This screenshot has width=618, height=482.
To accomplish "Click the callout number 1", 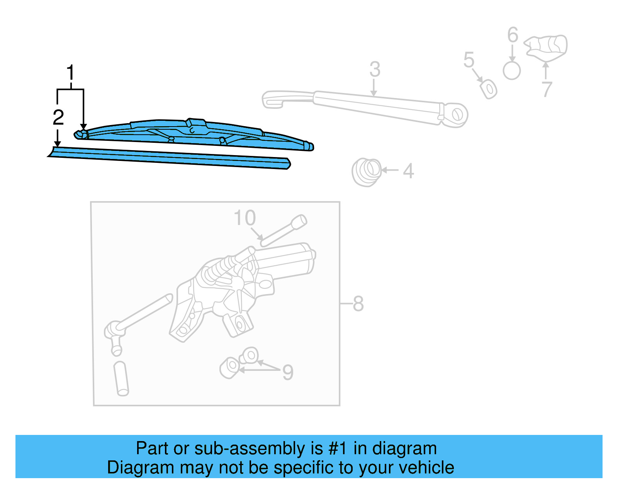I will pos(70,73).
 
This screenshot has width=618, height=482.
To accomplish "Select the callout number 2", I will pos(58,117).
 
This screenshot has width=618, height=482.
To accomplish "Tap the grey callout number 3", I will pos(375,69).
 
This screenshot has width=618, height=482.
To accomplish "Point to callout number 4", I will pos(408,171).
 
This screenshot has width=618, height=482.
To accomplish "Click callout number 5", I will pos(469,60).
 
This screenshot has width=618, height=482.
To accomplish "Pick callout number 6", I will pos(513,35).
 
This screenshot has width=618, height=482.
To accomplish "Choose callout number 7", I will pos(546,90).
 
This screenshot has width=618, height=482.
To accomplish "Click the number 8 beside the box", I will pos(358,304).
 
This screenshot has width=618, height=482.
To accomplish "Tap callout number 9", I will pos(288,372).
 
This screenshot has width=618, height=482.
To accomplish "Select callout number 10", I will pos(245,218).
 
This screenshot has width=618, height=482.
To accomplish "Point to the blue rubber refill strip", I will pos(170,158).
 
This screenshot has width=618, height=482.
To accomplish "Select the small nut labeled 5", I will pos(489,89).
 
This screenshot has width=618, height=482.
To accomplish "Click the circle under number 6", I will pos(512,71).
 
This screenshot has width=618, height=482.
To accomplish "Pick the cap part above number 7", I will pos(547,47).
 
